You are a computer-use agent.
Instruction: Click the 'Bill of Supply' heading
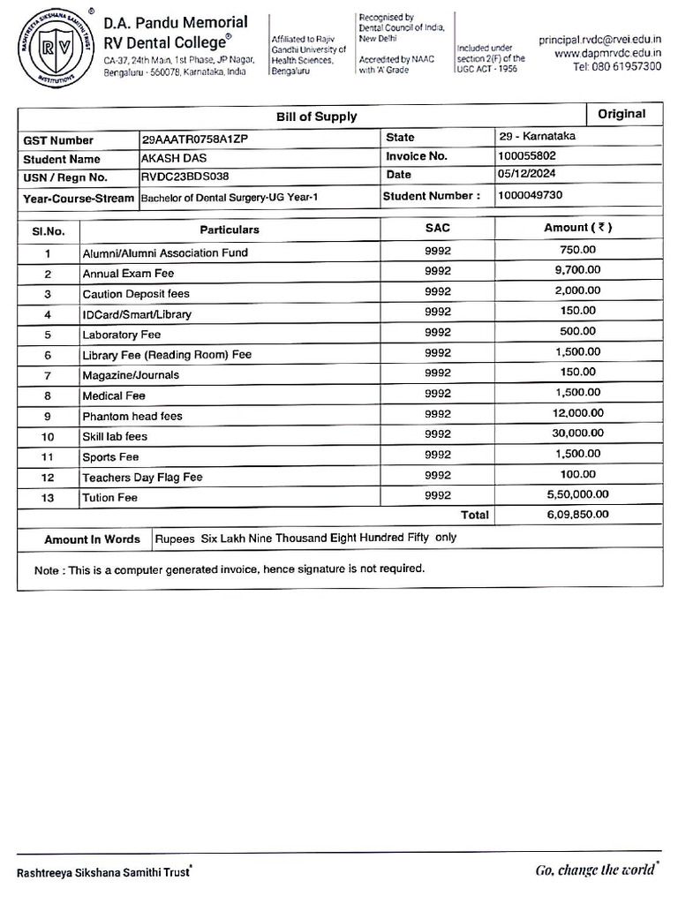tap(317, 117)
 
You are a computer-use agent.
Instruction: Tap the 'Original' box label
tap(621, 114)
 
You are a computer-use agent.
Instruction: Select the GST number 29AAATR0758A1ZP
tap(200, 139)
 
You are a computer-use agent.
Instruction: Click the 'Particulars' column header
tap(230, 230)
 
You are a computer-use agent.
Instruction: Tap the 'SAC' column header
tap(437, 229)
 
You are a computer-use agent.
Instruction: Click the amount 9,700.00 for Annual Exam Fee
tap(577, 270)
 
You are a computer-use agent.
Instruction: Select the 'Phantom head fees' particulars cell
tap(132, 416)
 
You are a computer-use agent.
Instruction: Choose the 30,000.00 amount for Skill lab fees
tap(577, 433)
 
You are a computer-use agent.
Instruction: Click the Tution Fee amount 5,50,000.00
tap(577, 494)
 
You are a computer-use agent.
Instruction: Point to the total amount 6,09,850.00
tap(577, 514)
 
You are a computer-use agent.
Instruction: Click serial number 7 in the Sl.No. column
tap(48, 376)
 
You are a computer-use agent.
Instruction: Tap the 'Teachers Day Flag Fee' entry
tap(142, 478)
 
